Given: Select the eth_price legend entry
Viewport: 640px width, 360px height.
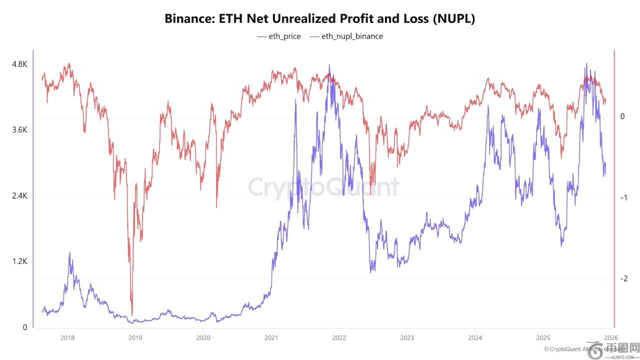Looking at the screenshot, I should pyautogui.click(x=279, y=36).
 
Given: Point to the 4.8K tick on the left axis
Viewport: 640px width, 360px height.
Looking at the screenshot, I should pyautogui.click(x=19, y=64).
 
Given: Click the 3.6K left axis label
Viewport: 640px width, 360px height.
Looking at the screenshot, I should pyautogui.click(x=19, y=130).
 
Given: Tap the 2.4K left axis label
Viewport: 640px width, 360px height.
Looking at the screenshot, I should pyautogui.click(x=19, y=196).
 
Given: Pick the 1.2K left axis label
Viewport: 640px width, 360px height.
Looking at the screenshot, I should pyautogui.click(x=19, y=261).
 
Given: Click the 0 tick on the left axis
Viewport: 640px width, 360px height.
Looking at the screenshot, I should pyautogui.click(x=24, y=327).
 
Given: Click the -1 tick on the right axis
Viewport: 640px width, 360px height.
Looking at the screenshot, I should pyautogui.click(x=623, y=198).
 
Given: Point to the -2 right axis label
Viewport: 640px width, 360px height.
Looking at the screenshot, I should pyautogui.click(x=623, y=279).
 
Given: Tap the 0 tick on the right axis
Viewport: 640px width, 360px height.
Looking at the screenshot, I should pyautogui.click(x=622, y=116).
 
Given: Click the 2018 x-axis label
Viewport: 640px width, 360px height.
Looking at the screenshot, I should pyautogui.click(x=67, y=337).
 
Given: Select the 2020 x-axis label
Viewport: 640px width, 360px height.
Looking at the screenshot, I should pyautogui.click(x=203, y=337).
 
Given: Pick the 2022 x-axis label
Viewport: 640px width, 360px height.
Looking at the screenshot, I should pyautogui.click(x=339, y=337).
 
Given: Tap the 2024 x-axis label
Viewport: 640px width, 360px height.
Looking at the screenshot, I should pyautogui.click(x=475, y=337).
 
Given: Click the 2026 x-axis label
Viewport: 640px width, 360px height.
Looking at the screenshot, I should pyautogui.click(x=611, y=337).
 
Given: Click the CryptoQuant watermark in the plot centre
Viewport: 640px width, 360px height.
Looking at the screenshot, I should pyautogui.click(x=323, y=187).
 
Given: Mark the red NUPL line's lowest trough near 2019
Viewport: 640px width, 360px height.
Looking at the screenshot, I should pyautogui.click(x=132, y=314).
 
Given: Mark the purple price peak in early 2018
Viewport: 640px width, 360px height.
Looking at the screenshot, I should pyautogui.click(x=69, y=252).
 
